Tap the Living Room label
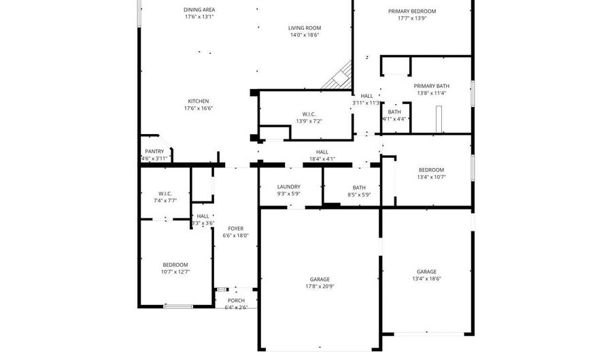(304, 28)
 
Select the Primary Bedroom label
(412, 12)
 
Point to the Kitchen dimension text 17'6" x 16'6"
(199, 108)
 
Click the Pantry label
(154, 152)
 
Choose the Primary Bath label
(431, 86)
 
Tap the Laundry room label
(289, 187)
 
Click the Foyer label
(235, 229)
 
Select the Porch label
(236, 301)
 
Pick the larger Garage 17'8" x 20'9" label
(320, 279)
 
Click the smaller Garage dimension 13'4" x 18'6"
(426, 278)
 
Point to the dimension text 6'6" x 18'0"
(235, 235)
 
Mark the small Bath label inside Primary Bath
(394, 112)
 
